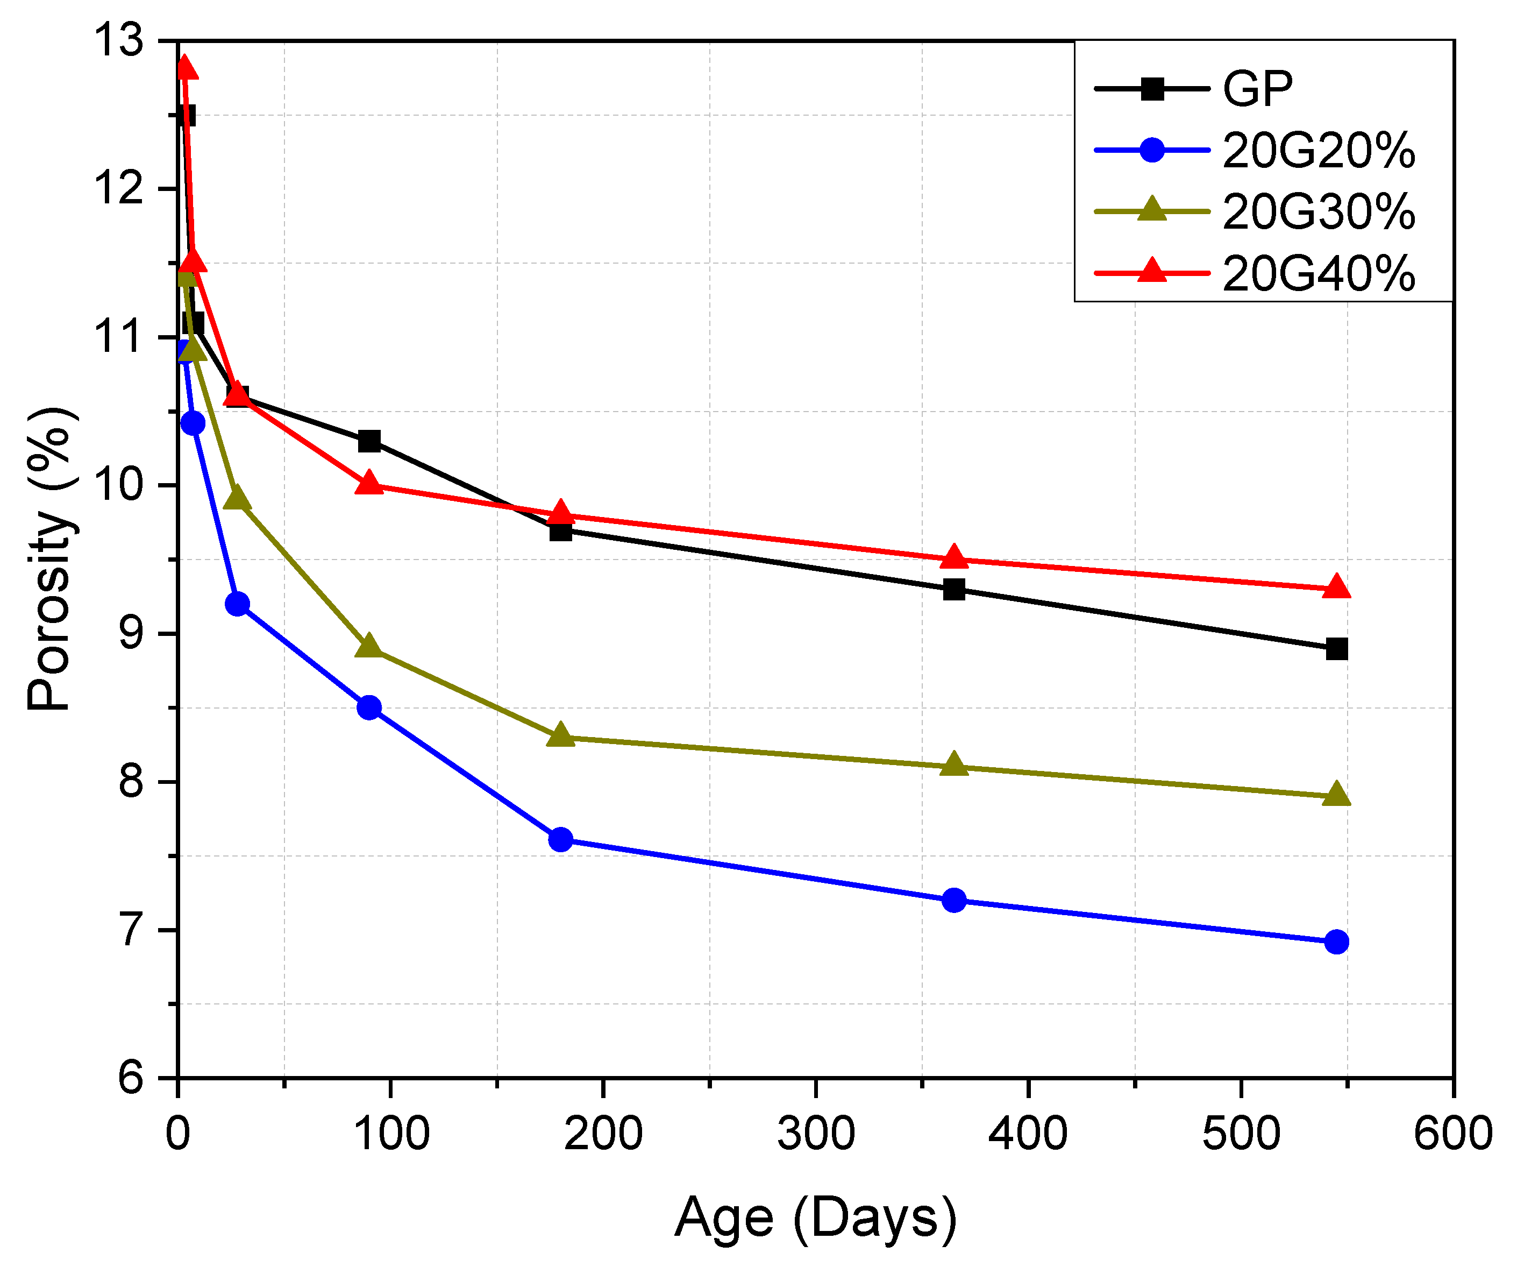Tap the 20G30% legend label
[x=1319, y=213]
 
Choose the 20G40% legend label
[x=1319, y=274]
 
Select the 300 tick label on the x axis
[x=816, y=1134]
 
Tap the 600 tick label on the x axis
[x=1452, y=1134]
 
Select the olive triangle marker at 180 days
[x=560, y=735]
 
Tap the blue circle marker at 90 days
[x=369, y=707]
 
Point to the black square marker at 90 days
[x=369, y=441]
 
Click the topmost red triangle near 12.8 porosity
[x=185, y=67]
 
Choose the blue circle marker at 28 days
[x=237, y=604]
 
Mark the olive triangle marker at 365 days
[x=955, y=765]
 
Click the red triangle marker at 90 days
[x=369, y=483]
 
